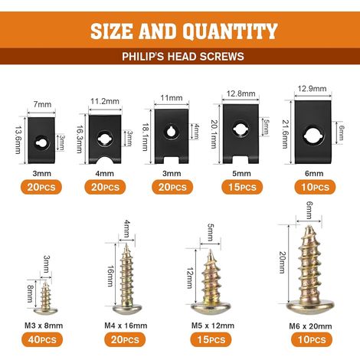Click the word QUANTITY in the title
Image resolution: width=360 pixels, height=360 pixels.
click(x=230, y=31)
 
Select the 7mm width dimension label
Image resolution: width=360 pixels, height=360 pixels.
click(x=42, y=104)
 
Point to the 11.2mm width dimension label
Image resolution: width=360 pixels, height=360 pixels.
click(x=105, y=101)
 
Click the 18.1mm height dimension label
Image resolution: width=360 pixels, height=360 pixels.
click(x=145, y=137)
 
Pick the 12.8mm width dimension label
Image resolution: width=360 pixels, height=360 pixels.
click(x=241, y=93)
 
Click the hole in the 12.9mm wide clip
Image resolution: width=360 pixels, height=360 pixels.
click(x=313, y=135)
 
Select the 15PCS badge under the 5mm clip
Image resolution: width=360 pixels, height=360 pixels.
click(x=242, y=187)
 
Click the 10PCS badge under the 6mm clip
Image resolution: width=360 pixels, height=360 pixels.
click(x=315, y=187)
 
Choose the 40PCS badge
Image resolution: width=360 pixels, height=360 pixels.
click(x=42, y=339)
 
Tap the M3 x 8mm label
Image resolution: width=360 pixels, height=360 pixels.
click(x=44, y=326)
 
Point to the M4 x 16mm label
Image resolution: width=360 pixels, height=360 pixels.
click(x=126, y=326)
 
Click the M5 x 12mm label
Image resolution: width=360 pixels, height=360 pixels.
click(x=213, y=326)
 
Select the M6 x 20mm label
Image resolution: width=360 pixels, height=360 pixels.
click(x=310, y=326)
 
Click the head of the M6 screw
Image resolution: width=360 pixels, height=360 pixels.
click(x=310, y=307)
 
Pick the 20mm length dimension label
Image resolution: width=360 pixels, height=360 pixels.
click(x=282, y=263)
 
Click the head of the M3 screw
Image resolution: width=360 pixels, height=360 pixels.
click(x=45, y=310)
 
